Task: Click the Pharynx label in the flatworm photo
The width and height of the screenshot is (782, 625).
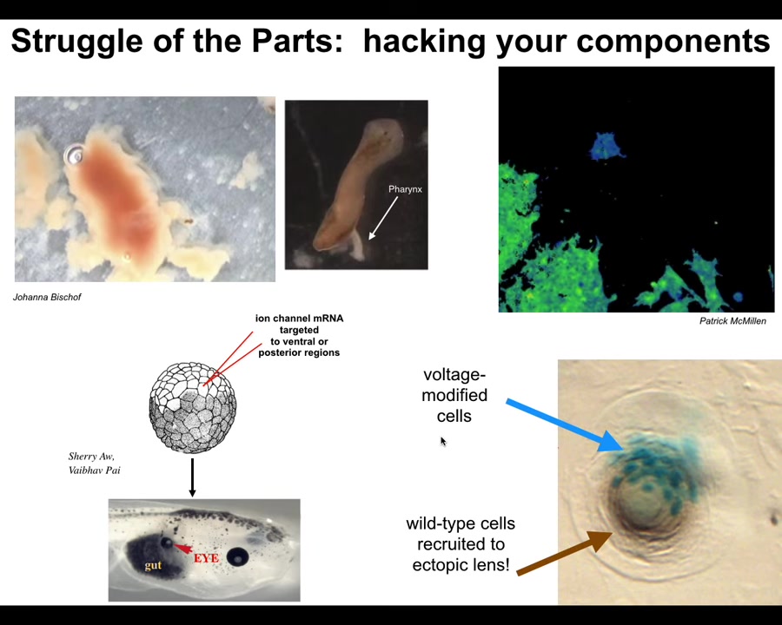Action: pyautogui.click(x=405, y=189)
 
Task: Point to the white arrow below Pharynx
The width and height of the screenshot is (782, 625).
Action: pyautogui.click(x=383, y=218)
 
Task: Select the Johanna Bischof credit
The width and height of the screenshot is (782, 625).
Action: pyautogui.click(x=47, y=297)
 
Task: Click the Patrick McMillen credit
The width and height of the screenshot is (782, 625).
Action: pyautogui.click(x=732, y=321)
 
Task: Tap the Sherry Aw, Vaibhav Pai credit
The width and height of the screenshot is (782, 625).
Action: pyautogui.click(x=94, y=463)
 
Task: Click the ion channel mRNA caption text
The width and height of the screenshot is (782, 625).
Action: pyautogui.click(x=299, y=335)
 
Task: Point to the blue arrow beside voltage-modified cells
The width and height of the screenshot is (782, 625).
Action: pyautogui.click(x=564, y=425)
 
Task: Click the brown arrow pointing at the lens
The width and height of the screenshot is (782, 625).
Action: pyautogui.click(x=565, y=553)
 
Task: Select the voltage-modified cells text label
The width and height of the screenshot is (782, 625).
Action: pyautogui.click(x=454, y=395)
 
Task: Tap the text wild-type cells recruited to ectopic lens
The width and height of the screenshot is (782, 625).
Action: pyautogui.click(x=461, y=544)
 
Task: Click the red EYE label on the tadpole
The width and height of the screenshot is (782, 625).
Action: pyautogui.click(x=206, y=558)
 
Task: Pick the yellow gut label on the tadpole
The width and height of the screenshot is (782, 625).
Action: pyautogui.click(x=153, y=565)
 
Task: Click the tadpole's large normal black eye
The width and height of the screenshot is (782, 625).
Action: pyautogui.click(x=237, y=556)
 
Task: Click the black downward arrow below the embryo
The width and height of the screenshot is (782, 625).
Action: pyautogui.click(x=192, y=477)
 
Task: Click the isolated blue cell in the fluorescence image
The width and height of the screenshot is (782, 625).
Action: pyautogui.click(x=605, y=146)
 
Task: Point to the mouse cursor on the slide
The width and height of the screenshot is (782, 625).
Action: pyautogui.click(x=443, y=442)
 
